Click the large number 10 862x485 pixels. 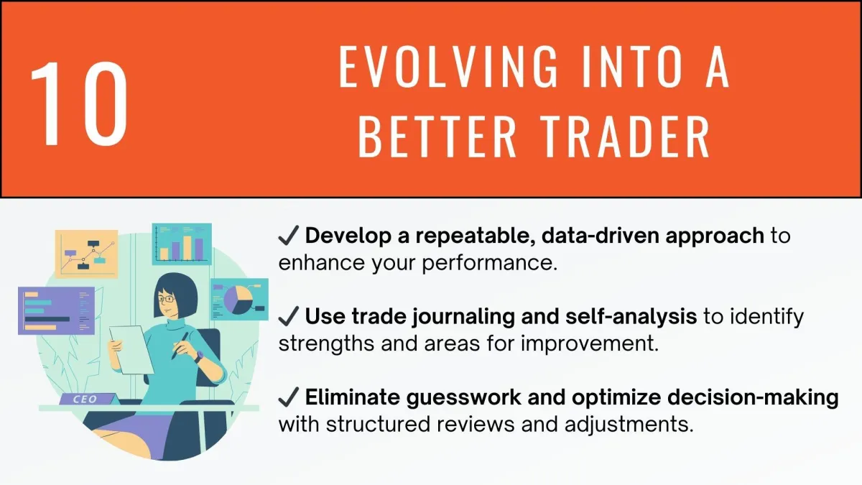[x=79, y=103]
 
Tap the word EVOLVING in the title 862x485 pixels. [x=448, y=66]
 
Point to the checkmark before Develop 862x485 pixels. [x=289, y=235]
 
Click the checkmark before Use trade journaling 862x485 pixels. [x=289, y=316]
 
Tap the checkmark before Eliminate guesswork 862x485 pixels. [x=289, y=397]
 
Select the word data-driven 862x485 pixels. [x=601, y=236]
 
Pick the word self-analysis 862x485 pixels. [x=631, y=316]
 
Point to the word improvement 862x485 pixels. [x=590, y=344]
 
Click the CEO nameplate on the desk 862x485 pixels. [x=88, y=399]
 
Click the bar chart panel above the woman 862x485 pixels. [x=182, y=244]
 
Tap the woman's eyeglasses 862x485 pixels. [x=167, y=299]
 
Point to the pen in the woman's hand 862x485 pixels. [x=180, y=346]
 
